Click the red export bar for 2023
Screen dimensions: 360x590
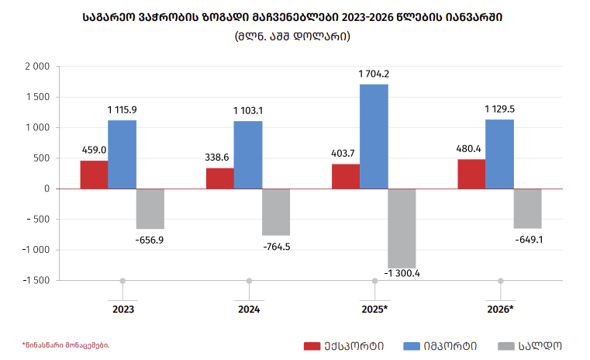(x=94, y=175)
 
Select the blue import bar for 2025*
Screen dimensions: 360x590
(x=374, y=137)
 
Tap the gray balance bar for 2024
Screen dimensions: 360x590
(x=276, y=212)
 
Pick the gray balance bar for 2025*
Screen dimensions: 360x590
(x=402, y=228)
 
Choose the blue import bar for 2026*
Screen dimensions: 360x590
(x=499, y=154)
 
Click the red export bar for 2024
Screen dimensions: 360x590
(x=219, y=178)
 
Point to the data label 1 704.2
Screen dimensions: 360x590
(x=374, y=74)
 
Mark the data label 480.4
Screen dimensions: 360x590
(x=471, y=149)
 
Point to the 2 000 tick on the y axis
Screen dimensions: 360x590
(x=37, y=67)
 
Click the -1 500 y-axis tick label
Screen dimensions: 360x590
(x=34, y=280)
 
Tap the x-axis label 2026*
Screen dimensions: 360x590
(x=500, y=308)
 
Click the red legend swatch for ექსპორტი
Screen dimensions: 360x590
(x=311, y=346)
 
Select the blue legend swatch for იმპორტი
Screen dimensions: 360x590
(x=411, y=346)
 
